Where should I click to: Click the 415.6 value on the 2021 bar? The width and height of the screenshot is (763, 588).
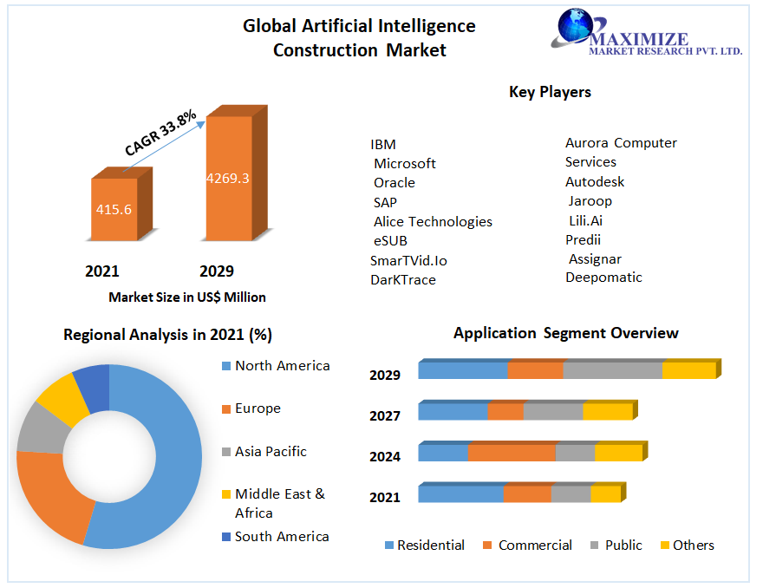114,209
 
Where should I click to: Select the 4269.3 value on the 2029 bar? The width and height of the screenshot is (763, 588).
228,179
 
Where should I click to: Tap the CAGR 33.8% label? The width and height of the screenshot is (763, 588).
160,133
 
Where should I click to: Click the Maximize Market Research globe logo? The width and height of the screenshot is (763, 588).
573,26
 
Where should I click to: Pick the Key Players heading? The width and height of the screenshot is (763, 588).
550,92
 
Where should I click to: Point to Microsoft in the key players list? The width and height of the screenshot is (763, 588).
405,164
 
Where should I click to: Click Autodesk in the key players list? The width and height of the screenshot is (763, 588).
595,182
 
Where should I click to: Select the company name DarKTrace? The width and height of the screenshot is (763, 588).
403,280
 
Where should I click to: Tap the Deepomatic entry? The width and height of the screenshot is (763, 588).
604,278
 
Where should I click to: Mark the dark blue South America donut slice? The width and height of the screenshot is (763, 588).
93,386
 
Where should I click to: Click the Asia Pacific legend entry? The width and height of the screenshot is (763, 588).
271,452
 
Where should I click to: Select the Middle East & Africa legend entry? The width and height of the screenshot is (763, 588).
280,503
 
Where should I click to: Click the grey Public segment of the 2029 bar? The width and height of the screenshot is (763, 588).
612,370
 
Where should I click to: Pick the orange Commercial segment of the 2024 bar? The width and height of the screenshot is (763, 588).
512,453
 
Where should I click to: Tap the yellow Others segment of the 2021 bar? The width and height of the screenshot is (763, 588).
605,493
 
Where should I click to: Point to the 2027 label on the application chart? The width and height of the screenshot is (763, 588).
385,416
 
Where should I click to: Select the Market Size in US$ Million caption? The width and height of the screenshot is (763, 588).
187,297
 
